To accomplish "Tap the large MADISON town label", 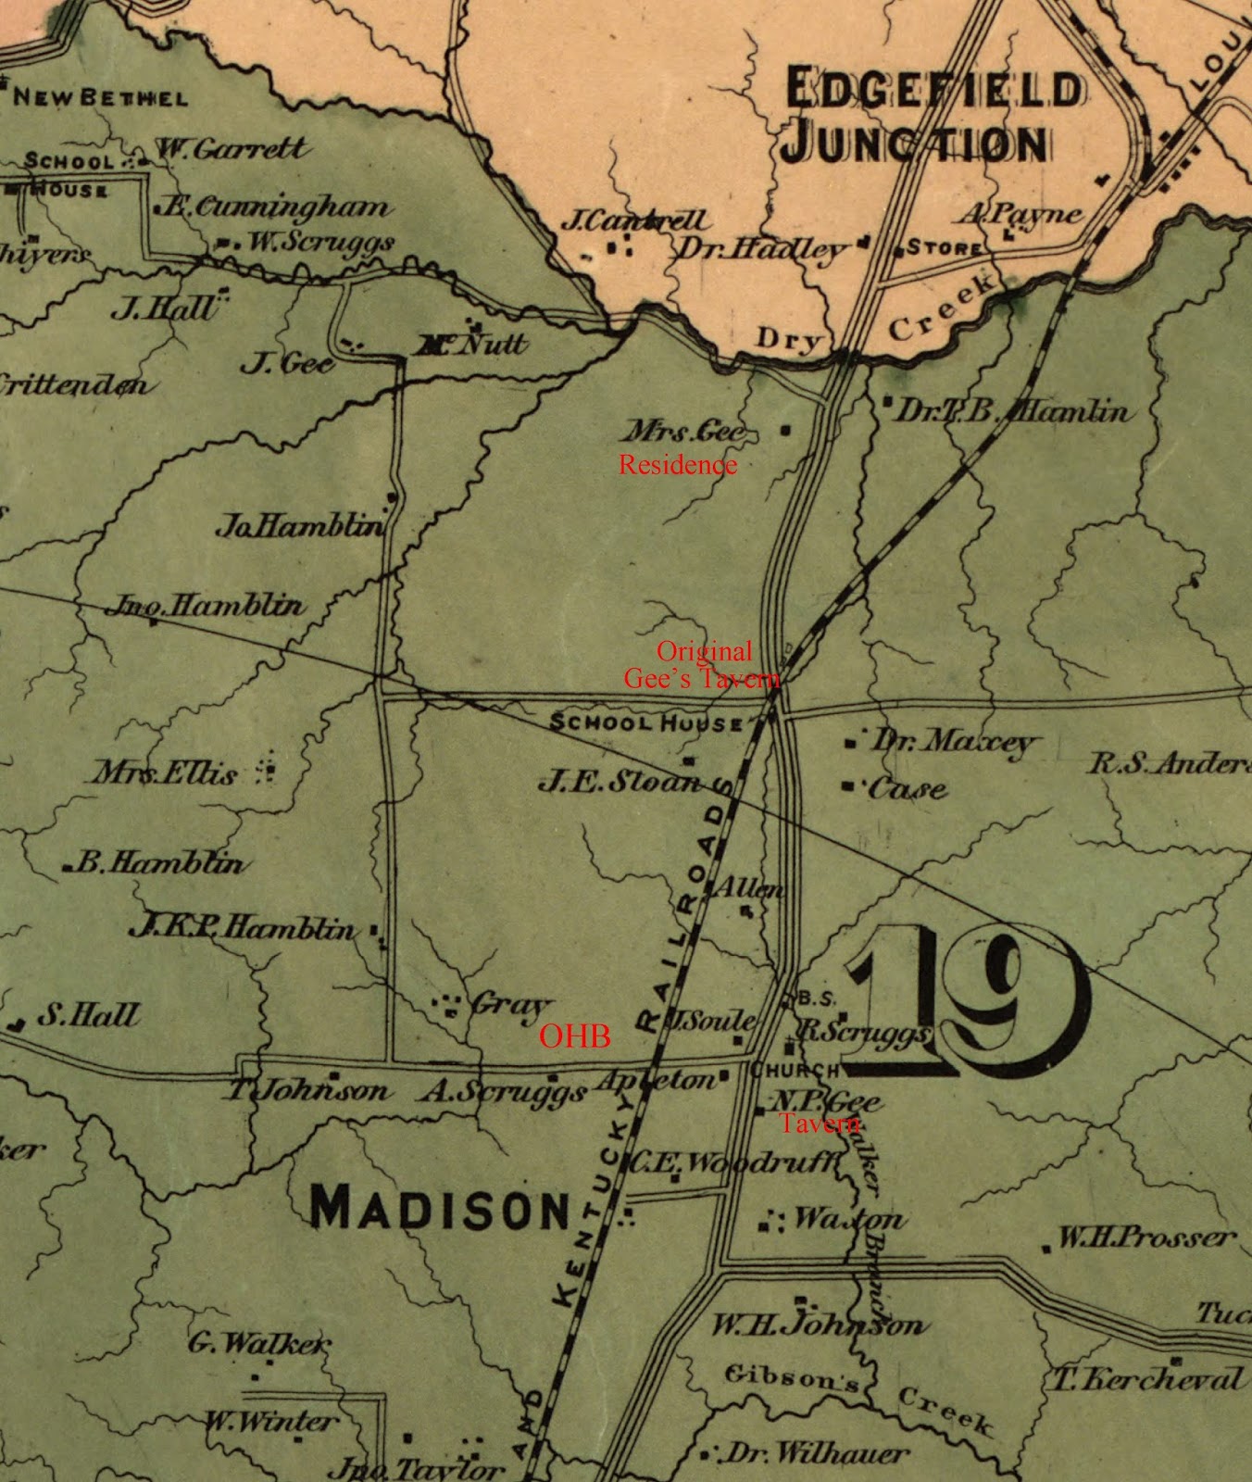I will [439, 1208].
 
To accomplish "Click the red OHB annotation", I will [575, 1036].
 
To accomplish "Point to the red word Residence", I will [678, 464].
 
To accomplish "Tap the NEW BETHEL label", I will [99, 97].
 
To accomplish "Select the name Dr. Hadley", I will [761, 248].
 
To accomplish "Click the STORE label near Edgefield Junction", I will [943, 247].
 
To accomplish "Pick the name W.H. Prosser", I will [1146, 1237].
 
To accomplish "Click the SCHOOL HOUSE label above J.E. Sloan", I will [646, 722].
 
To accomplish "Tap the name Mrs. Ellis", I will [165, 772].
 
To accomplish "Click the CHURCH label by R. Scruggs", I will [795, 1070].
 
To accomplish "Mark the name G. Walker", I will [258, 1341].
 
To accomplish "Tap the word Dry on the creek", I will [789, 340].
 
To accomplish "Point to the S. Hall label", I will [88, 1015].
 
